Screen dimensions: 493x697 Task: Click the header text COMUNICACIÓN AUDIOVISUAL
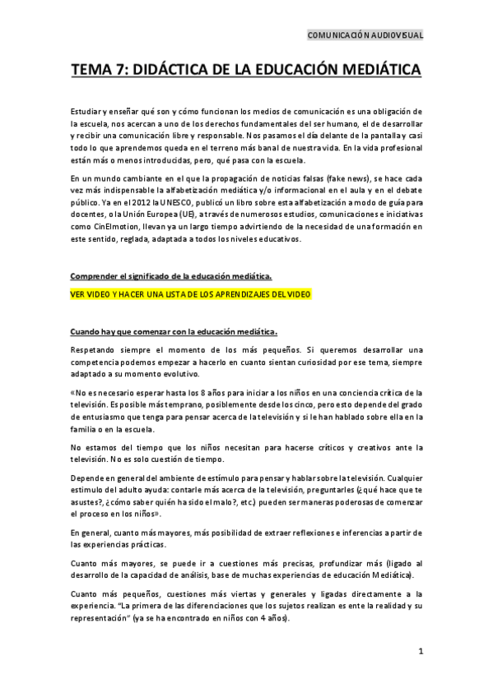[365, 35]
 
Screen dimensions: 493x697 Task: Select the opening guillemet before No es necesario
[72, 392]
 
